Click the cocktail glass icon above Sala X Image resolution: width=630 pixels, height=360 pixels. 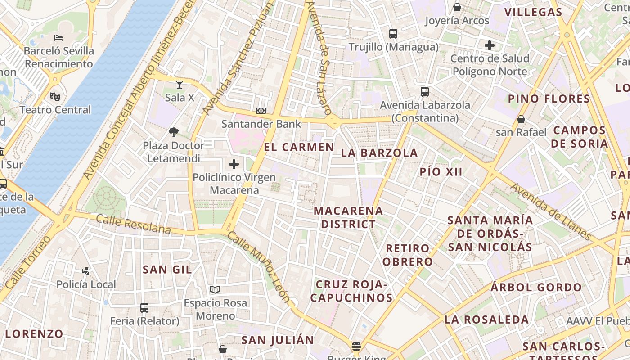pos(180,84)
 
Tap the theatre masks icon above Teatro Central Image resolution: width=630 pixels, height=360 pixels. pos(55,96)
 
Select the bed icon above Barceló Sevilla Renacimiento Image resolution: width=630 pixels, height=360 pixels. pos(58,37)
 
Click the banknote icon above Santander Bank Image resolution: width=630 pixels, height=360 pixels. pos(261,110)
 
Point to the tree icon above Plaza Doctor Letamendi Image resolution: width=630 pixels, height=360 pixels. pos(173,132)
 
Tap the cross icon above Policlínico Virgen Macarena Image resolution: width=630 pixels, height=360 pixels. pos(234,164)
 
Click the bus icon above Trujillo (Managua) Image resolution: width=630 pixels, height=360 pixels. pos(393,33)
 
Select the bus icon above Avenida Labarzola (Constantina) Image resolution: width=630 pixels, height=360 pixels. pos(425,92)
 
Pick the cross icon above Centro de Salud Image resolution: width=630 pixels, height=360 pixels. pos(490,45)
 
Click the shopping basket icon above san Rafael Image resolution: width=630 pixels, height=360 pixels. pos(521,119)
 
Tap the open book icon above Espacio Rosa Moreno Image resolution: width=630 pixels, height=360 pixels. pos(215,289)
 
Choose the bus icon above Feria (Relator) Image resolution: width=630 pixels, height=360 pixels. pos(144,308)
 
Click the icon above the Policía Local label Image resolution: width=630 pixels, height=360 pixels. pos(86,271)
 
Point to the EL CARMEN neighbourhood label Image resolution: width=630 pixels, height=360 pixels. pos(299,147)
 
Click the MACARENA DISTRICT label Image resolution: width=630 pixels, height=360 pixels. pos(348,217)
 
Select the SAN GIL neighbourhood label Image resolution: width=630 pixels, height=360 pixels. pos(167,270)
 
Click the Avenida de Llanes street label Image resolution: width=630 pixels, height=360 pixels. pos(551,211)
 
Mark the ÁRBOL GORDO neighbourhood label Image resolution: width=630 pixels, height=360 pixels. pos(536,287)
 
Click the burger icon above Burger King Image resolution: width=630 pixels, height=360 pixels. pos(356,346)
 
